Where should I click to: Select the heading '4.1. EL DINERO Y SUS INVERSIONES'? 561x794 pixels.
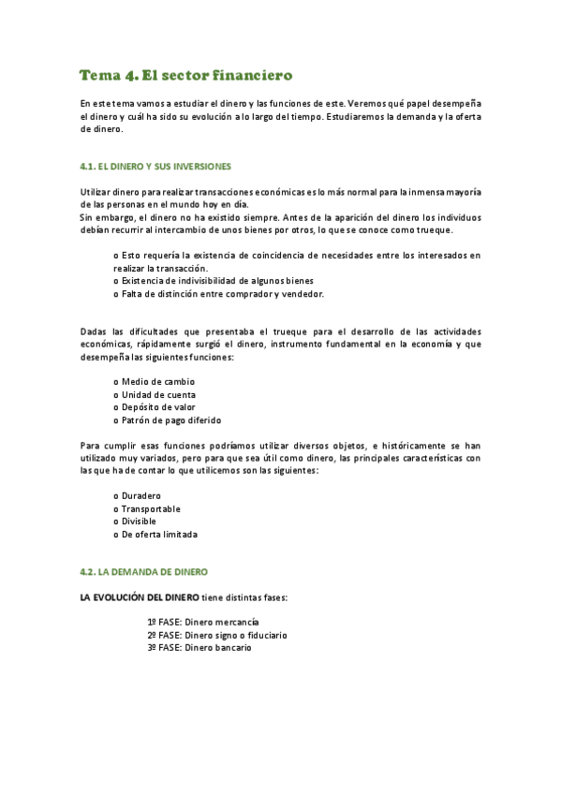click(155, 167)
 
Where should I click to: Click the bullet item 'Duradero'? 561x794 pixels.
click(141, 495)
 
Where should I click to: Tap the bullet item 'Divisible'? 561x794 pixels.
click(139, 522)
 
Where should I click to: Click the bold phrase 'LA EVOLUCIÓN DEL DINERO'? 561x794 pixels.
click(139, 596)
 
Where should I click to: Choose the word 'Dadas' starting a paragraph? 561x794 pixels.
click(94, 331)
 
